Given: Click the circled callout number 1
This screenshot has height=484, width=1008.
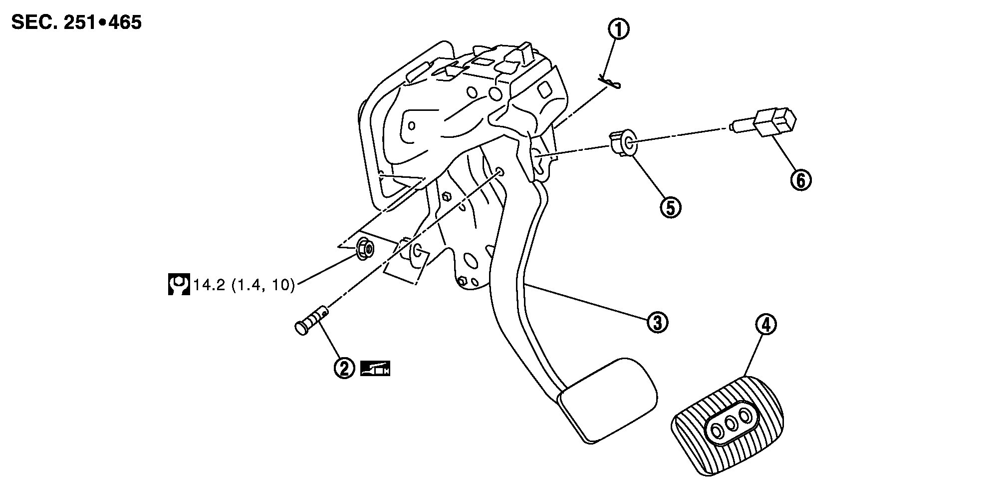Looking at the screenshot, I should pos(618,29).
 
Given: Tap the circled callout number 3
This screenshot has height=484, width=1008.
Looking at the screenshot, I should pos(657,322).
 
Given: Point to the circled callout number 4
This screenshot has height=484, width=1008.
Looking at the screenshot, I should pos(766,326).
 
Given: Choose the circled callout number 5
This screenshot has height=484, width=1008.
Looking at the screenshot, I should pos(670,207).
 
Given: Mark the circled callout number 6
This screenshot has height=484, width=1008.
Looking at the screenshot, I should pos(800,180).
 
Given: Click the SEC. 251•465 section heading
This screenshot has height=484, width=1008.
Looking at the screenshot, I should pos(76,22).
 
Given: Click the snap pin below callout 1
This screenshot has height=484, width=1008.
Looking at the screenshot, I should pos(610,82).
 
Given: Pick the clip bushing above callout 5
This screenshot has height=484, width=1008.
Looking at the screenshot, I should pos(622,144).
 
